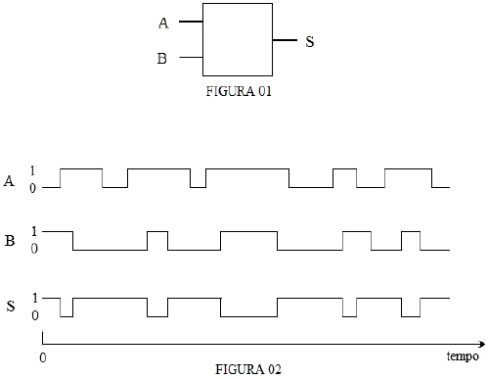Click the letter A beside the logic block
tap(162, 23)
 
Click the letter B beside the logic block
tap(162, 58)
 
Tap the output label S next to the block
tap(309, 42)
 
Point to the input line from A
tap(192, 22)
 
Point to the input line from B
tap(192, 58)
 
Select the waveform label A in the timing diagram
tap(10, 178)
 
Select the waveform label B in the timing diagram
tap(10, 240)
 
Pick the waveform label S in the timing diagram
tap(10, 306)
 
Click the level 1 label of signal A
tap(34, 169)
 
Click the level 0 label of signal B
tap(34, 250)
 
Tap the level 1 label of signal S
tap(34, 297)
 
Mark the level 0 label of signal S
tap(34, 315)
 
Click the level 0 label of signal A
tap(34, 187)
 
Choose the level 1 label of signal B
tap(34, 231)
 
